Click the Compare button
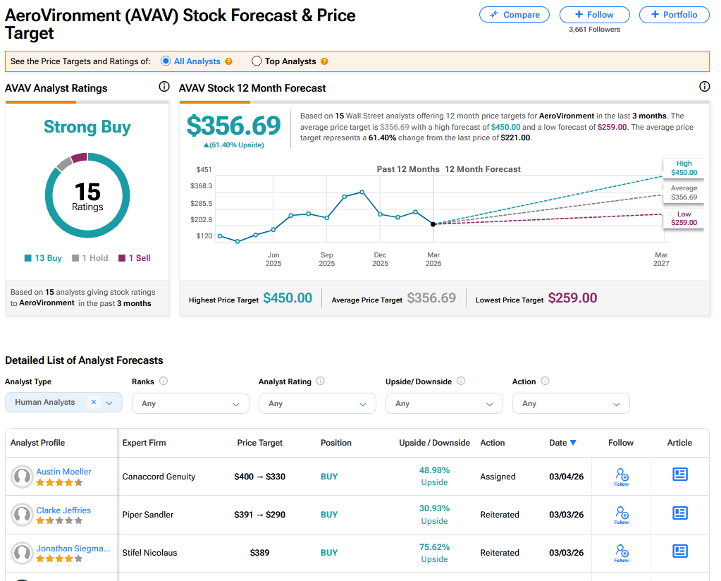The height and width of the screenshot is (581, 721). [x=514, y=14]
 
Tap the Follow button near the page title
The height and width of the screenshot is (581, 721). [x=594, y=14]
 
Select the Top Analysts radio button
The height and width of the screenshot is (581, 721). [x=257, y=61]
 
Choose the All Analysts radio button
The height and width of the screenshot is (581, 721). [x=166, y=61]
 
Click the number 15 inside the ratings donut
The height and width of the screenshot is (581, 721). [x=87, y=191]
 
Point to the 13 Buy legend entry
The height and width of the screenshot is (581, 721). [x=44, y=258]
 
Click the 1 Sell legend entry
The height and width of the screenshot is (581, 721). [x=135, y=258]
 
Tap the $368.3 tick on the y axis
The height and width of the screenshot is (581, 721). [x=201, y=186]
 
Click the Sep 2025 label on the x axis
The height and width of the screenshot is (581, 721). [x=326, y=259]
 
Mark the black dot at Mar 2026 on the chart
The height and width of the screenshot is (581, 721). [x=433, y=224]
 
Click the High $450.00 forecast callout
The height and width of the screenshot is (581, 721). [x=684, y=168]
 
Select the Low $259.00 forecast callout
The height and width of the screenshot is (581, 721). [x=684, y=219]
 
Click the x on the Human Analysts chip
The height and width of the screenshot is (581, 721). [x=94, y=402]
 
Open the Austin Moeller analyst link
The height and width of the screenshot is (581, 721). [x=63, y=472]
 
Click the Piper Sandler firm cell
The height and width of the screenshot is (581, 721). [x=148, y=515]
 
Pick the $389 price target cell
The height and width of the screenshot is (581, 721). [x=259, y=553]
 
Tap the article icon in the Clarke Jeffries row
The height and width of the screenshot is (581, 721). [x=679, y=513]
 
